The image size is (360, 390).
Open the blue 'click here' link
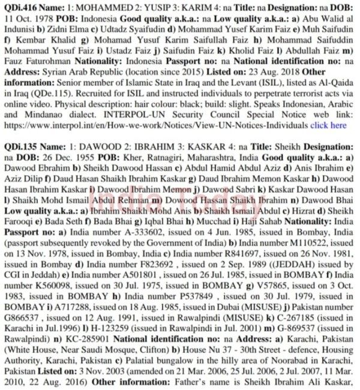tap(328, 125)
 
